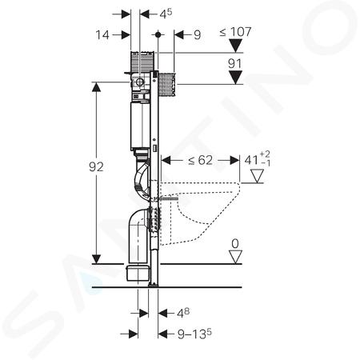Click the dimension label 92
tap(96, 167)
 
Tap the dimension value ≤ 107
tap(235, 32)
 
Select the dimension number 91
tap(235, 64)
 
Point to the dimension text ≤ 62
tap(201, 160)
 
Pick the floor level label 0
tap(235, 244)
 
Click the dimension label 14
tap(102, 35)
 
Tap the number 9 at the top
tap(197, 35)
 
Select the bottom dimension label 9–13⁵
tap(194, 334)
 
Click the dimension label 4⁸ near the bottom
tap(183, 313)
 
